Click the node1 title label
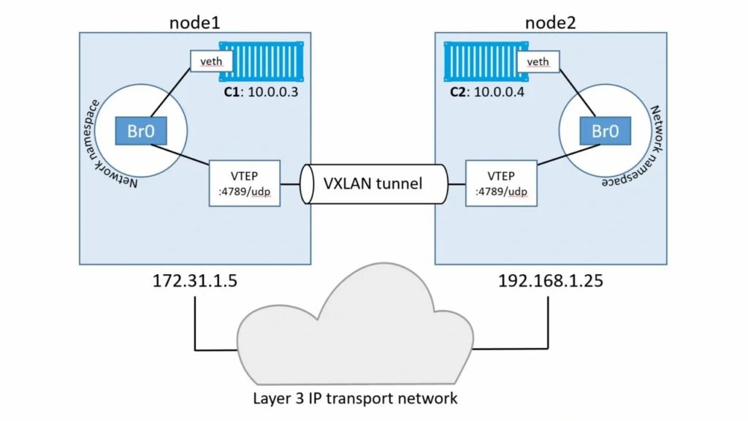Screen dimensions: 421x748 [195, 21]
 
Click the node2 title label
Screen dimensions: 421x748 [551, 21]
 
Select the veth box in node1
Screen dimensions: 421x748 [205, 61]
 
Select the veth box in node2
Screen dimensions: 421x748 [538, 61]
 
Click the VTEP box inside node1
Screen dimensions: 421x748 [245, 182]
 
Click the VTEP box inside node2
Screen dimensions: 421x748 [502, 182]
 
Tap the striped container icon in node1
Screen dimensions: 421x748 [260, 62]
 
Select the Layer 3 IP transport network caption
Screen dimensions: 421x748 [356, 398]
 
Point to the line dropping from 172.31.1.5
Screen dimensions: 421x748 [195, 322]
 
